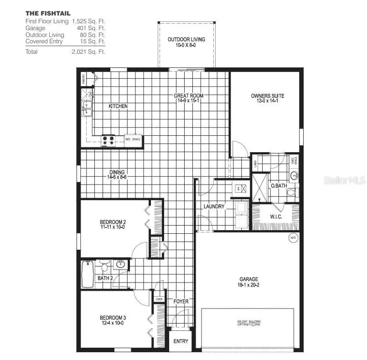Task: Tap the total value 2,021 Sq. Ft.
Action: click(x=88, y=52)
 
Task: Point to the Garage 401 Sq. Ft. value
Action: click(x=88, y=28)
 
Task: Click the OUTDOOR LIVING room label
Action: click(x=186, y=42)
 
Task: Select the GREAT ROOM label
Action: click(x=188, y=98)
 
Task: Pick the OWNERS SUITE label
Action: click(x=268, y=98)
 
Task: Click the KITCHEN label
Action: click(x=118, y=106)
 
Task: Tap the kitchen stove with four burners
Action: click(x=109, y=140)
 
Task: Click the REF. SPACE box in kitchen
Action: click(x=133, y=139)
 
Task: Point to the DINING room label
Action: click(x=117, y=174)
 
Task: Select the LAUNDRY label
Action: click(x=214, y=206)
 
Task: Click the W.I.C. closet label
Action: click(x=276, y=217)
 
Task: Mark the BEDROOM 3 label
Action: click(x=113, y=320)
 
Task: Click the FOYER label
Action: click(x=181, y=302)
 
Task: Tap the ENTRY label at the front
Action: click(x=181, y=341)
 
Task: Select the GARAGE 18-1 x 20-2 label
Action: click(x=249, y=282)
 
